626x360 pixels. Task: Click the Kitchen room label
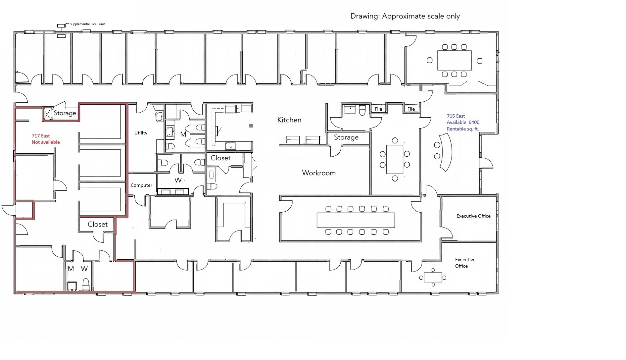289,120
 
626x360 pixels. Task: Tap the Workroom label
319,173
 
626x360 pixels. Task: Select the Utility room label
141,133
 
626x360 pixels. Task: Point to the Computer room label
141,185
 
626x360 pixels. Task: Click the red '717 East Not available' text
46,139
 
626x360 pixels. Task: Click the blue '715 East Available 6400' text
463,122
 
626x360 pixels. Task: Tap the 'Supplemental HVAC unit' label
87,24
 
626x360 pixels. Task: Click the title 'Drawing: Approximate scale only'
405,16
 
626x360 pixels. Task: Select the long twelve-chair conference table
356,220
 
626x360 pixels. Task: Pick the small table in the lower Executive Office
433,277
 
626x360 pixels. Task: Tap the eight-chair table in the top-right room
454,60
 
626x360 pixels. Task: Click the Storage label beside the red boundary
65,113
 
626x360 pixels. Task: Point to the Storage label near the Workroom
346,137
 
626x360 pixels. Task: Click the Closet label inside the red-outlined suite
98,224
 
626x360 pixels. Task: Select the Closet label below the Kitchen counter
220,158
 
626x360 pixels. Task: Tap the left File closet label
378,109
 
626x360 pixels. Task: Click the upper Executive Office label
473,216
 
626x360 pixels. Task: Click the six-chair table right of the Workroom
395,159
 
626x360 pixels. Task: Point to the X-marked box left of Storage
48,114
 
